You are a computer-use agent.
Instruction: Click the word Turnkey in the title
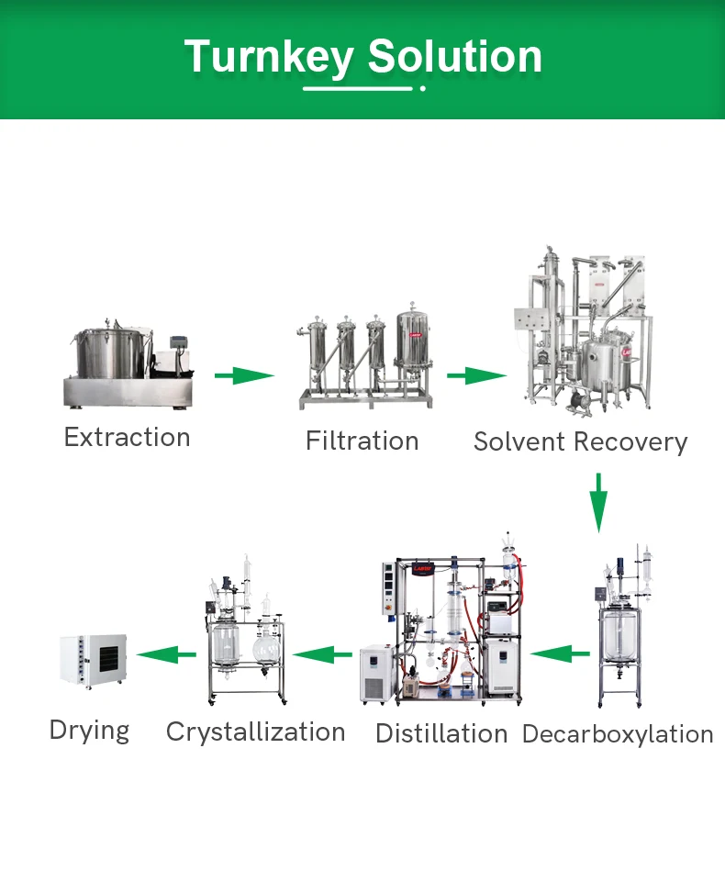[x=267, y=57]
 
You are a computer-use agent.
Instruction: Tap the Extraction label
[x=128, y=437]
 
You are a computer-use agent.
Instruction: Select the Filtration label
[x=362, y=441]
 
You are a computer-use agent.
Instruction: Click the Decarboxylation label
[x=618, y=734]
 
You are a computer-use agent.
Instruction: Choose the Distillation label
[x=441, y=734]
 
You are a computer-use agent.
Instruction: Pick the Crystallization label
[x=256, y=731]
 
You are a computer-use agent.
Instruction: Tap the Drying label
[x=89, y=731]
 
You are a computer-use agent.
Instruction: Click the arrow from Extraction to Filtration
[x=244, y=375]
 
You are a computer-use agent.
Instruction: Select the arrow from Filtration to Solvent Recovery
[x=476, y=375]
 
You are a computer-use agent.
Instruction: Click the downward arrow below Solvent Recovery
[x=598, y=502]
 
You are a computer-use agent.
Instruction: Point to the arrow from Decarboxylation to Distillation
[x=560, y=654]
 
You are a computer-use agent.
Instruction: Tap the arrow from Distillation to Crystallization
[x=323, y=654]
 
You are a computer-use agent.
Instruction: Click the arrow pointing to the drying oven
[x=166, y=654]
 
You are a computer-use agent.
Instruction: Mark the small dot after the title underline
[x=422, y=89]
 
